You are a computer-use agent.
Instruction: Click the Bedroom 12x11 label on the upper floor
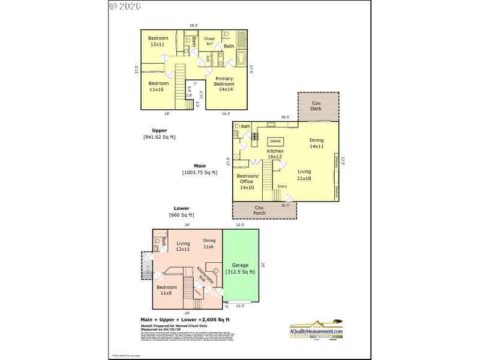[x=158, y=41]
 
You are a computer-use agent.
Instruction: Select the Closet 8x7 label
[x=209, y=41]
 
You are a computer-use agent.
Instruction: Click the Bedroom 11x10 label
[x=158, y=86]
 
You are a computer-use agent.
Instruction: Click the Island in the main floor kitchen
[x=275, y=141]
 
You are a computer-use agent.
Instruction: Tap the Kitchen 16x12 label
[x=275, y=154]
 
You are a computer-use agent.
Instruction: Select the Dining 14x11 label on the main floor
[x=316, y=143]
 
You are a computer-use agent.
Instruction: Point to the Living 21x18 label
[x=304, y=175]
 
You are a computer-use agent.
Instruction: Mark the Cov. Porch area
[x=259, y=211]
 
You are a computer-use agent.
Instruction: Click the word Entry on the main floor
[x=282, y=187]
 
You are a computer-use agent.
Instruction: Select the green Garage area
[x=240, y=269]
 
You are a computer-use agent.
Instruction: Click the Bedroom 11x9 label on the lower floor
[x=166, y=290]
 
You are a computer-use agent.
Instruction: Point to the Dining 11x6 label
[x=208, y=244]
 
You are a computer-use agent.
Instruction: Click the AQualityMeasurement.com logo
[x=316, y=330]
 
